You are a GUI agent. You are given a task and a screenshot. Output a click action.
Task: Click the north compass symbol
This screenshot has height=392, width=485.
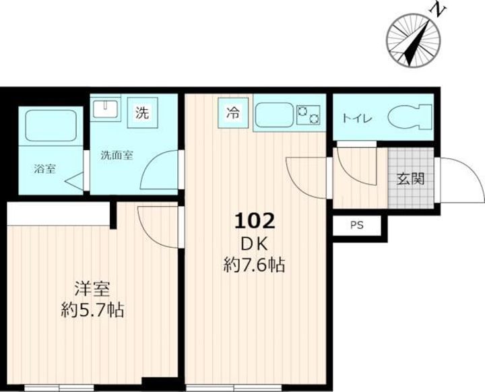414,40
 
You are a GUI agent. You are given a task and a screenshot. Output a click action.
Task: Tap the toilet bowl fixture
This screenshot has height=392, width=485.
410,117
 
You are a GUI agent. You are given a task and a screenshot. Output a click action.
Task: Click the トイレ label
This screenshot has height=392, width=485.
357,119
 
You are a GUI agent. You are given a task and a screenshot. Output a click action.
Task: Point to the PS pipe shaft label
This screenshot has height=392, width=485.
357,226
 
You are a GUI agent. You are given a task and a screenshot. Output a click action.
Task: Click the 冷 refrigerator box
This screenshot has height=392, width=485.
233,113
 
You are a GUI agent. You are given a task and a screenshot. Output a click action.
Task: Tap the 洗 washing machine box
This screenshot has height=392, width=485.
142,113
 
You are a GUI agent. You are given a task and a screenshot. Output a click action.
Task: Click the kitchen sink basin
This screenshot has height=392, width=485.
274,115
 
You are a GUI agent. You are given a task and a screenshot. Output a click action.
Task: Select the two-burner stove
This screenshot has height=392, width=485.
308,115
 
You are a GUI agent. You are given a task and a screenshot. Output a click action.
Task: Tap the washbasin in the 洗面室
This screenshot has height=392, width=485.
106,109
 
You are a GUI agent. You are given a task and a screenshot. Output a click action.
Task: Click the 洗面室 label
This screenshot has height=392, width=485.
117,155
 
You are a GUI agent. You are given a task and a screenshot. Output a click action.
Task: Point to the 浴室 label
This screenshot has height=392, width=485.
44,169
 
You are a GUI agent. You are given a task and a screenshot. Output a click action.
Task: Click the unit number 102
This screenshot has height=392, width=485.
255,221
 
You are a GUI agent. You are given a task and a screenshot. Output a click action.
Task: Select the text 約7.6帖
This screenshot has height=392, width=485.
254,265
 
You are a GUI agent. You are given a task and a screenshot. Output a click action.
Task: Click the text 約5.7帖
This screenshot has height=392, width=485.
92,310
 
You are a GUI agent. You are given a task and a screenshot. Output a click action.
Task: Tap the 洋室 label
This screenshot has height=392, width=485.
92,289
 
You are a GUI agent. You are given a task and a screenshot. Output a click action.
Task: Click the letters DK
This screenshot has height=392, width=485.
254,244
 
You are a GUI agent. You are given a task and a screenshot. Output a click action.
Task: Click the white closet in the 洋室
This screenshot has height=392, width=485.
59,214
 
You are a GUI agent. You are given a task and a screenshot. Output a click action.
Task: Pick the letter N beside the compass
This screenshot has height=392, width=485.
437,11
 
